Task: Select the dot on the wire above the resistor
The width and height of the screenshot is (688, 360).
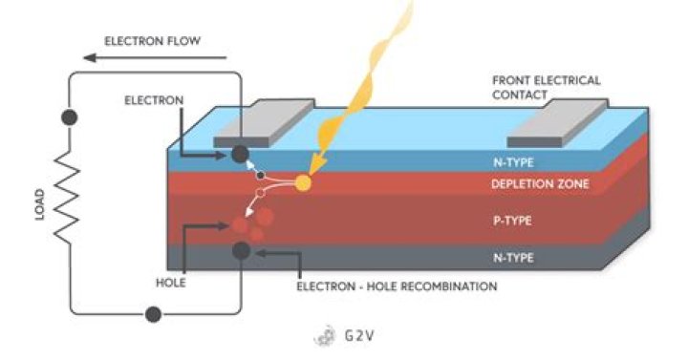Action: coord(68,118)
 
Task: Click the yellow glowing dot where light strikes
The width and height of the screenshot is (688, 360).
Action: coord(304,182)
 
